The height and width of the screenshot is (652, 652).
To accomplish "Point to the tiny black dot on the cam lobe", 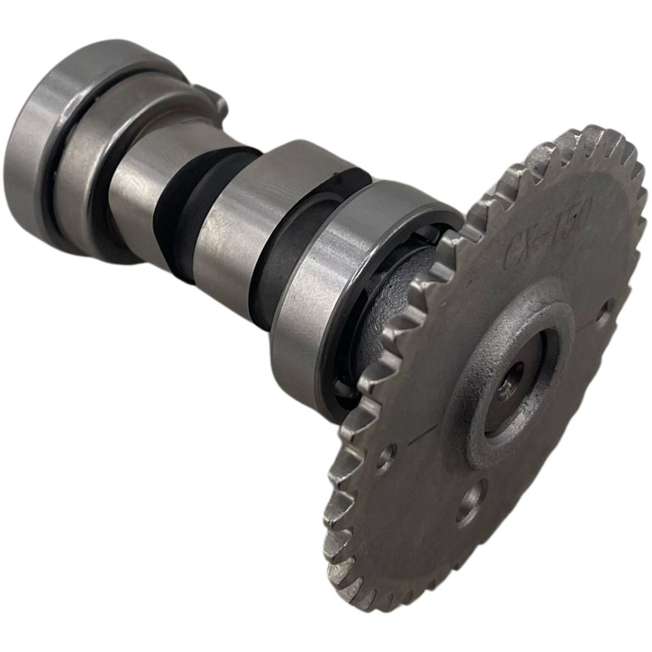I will pos(338,175).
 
